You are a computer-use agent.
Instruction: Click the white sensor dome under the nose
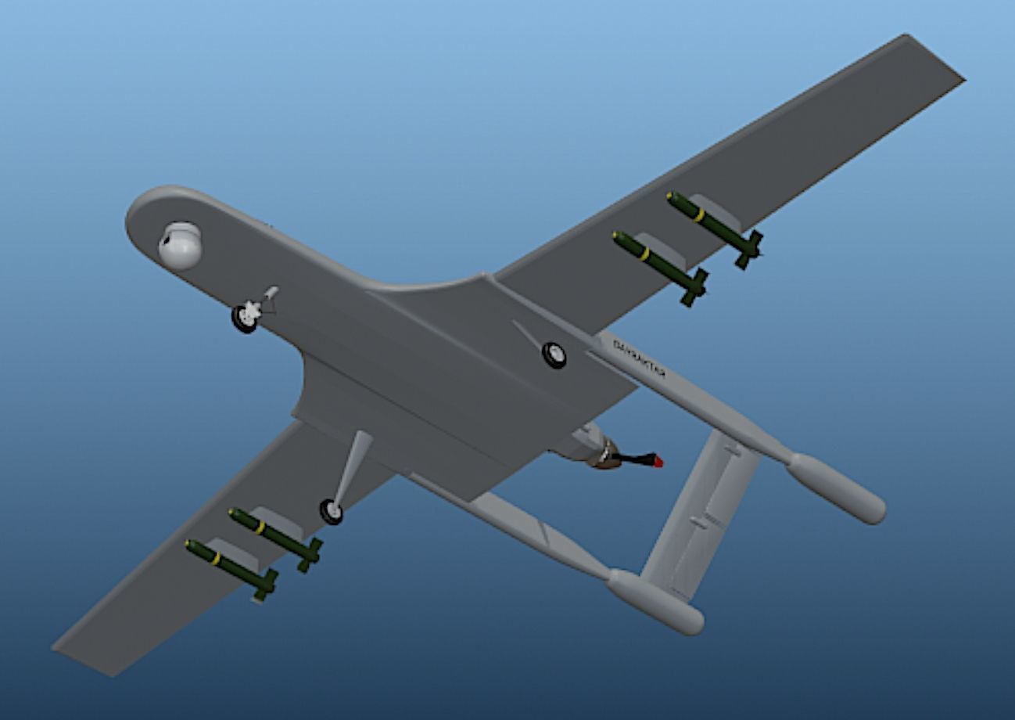pos(180,246)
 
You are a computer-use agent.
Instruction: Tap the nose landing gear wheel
pos(245,318)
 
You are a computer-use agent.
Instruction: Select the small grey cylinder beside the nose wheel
pos(271,293)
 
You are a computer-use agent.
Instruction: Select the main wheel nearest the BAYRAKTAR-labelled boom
pos(554,355)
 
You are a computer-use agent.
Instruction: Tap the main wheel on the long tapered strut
pos(332,512)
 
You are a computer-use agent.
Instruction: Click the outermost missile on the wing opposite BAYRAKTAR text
pos(230,564)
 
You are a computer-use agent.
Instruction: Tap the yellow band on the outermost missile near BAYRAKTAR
pos(699,214)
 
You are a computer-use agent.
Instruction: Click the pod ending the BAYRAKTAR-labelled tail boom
pos(837,488)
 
